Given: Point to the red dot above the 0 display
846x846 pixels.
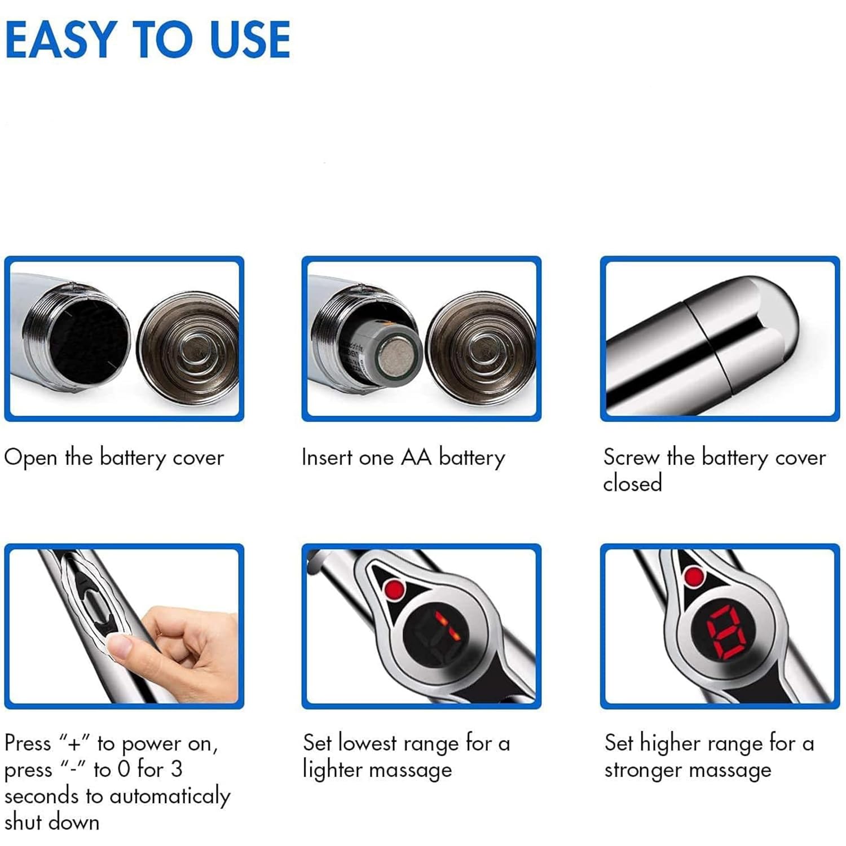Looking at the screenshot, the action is tap(694, 576).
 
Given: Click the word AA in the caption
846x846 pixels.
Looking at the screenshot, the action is tap(415, 457).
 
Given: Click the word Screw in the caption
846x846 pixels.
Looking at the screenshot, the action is tap(631, 457).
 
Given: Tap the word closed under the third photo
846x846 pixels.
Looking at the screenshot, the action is tap(632, 483).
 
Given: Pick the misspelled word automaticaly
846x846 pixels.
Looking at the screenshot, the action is tap(169, 796).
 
